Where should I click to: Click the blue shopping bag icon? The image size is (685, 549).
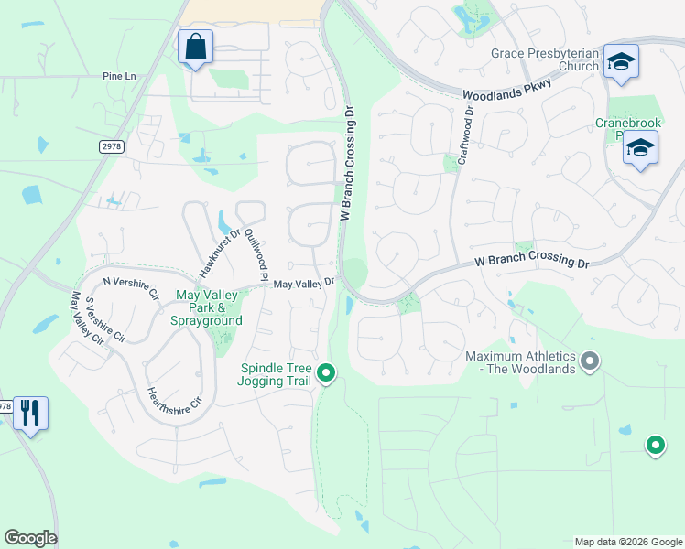pos(195,46)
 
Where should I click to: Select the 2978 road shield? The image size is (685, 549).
pos(112,145)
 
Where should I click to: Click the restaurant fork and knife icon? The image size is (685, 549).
pos(29,413)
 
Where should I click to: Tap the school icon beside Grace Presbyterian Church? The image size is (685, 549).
pos(621,61)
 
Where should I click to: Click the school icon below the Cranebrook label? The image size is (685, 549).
pos(640,146)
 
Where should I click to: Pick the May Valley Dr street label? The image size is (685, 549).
pos(304,284)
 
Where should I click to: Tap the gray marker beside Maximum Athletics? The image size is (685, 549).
pos(591,361)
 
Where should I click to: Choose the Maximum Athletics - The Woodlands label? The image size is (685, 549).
pos(520,362)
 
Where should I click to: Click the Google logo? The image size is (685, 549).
pos(30,538)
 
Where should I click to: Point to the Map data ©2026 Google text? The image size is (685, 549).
pos(628,542)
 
